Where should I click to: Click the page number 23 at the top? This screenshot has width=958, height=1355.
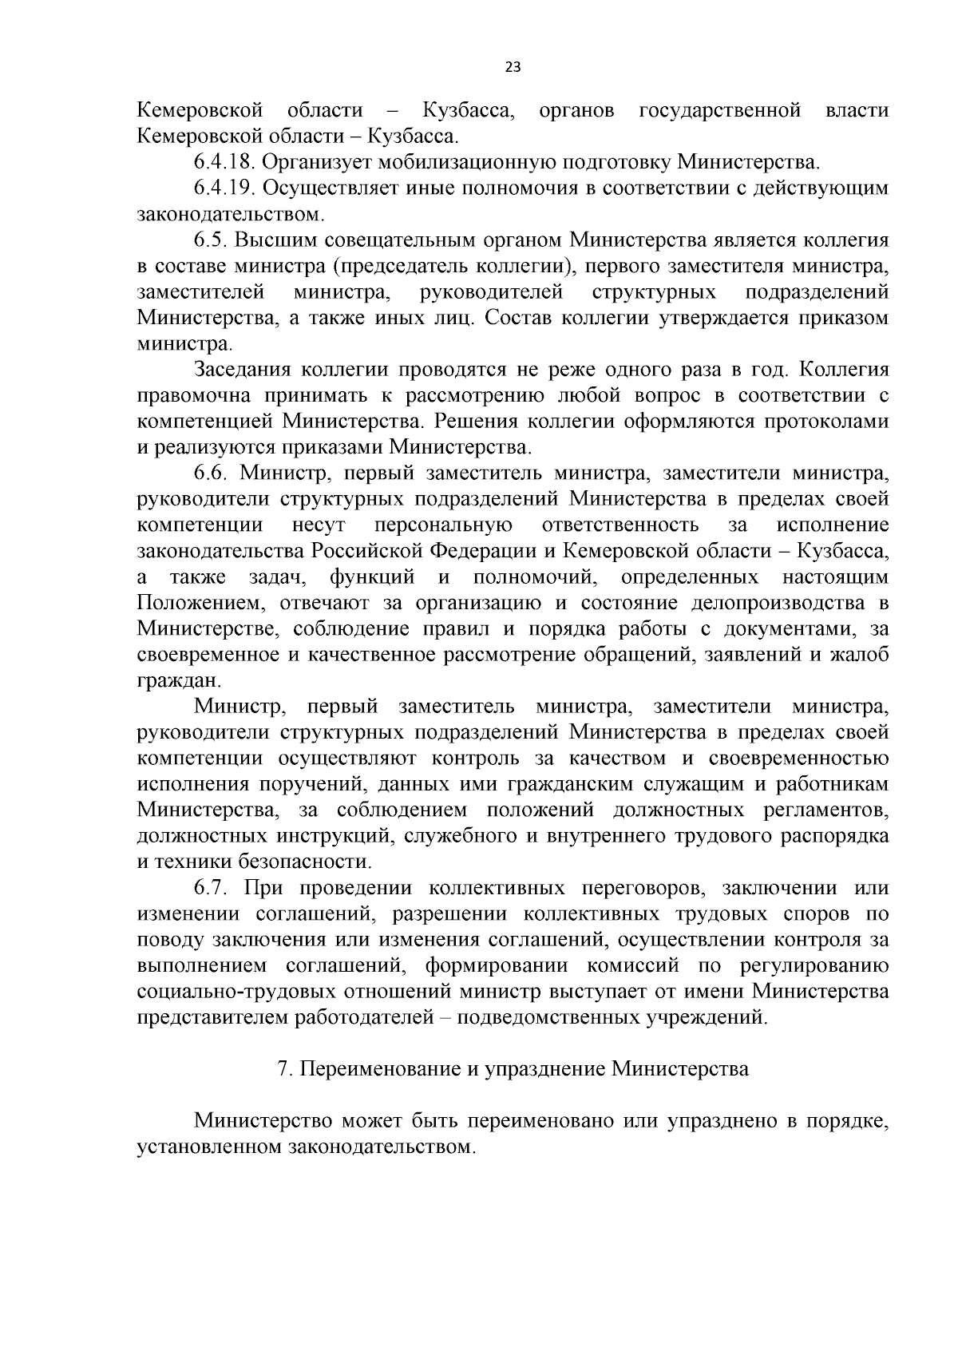pyautogui.click(x=513, y=68)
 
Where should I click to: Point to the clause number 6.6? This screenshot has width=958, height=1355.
pyautogui.click(x=211, y=473)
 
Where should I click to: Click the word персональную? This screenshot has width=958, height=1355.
pyautogui.click(x=443, y=525)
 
